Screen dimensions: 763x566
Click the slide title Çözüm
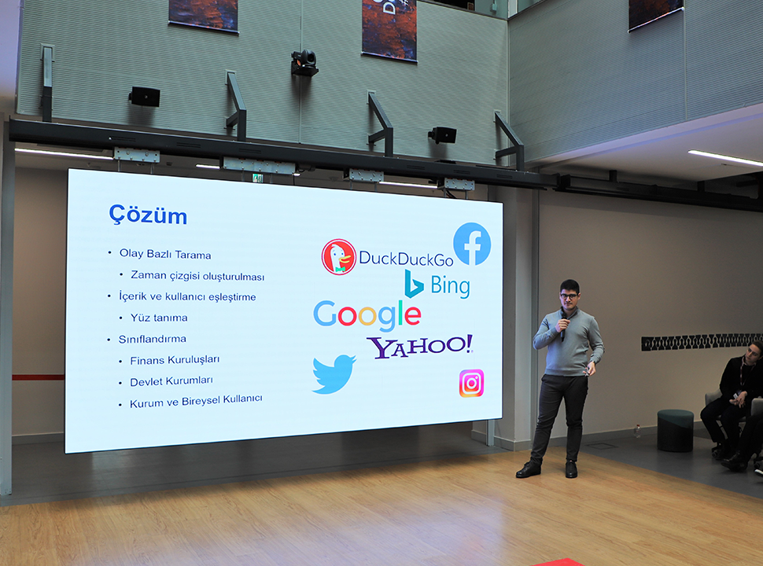pyautogui.click(x=148, y=215)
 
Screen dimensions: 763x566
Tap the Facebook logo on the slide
pyautogui.click(x=472, y=244)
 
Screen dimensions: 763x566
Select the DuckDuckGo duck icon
pyautogui.click(x=339, y=257)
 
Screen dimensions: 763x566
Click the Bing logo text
pyautogui.click(x=450, y=285)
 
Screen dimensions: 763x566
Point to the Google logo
pyautogui.click(x=367, y=315)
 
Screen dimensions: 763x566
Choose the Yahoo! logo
pyautogui.click(x=419, y=346)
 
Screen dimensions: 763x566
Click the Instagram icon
pyautogui.click(x=471, y=383)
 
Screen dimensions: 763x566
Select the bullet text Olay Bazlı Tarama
pyautogui.click(x=165, y=255)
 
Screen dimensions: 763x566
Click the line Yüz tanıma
pyautogui.click(x=159, y=318)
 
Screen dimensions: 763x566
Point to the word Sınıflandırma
pyautogui.click(x=153, y=339)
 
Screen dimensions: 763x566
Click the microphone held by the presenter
pyautogui.click(x=563, y=325)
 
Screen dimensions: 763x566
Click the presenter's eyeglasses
pyautogui.click(x=569, y=296)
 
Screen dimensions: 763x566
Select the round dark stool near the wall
pyautogui.click(x=676, y=430)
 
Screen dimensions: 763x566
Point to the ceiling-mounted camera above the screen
pyautogui.click(x=304, y=63)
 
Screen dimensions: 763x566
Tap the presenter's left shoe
pyautogui.click(x=571, y=469)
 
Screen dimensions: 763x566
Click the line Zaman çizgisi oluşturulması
pyautogui.click(x=197, y=276)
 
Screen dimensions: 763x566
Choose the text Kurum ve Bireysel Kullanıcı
pyautogui.click(x=196, y=402)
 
